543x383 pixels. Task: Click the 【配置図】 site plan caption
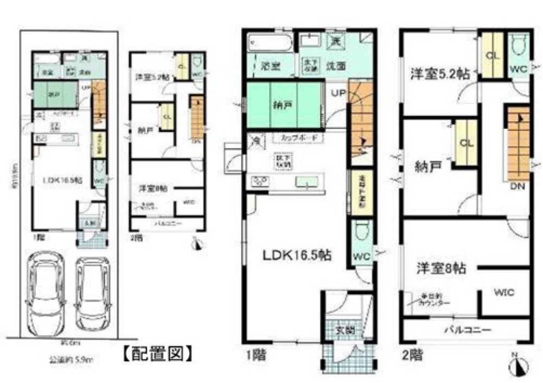click(x=156, y=354)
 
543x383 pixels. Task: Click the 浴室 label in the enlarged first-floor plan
click(x=269, y=66)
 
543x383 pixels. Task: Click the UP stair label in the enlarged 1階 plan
click(x=337, y=93)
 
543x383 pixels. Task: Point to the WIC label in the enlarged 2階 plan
click(x=504, y=292)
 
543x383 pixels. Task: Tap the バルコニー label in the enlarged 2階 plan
click(x=468, y=330)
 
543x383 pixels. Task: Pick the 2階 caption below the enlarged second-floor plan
click(x=412, y=356)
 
